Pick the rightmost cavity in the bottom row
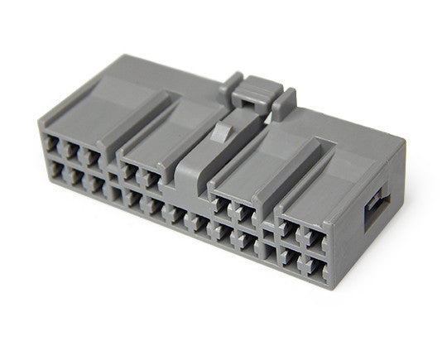(313, 267)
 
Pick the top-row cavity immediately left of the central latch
(151, 177)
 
